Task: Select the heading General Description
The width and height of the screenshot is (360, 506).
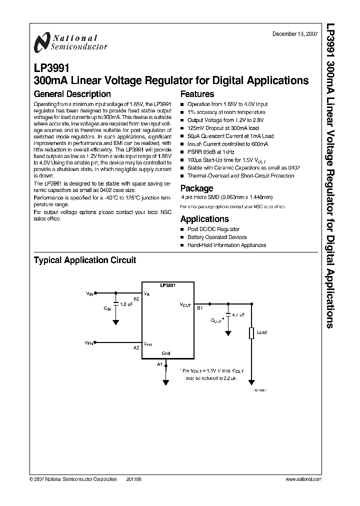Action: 72,94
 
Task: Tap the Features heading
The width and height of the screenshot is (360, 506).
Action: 197,94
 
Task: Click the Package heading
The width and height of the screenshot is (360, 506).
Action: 196,188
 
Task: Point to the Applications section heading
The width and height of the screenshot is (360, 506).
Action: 204,219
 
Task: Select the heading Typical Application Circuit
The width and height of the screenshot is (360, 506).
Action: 84,260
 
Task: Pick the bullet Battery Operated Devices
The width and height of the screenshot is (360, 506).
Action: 217,237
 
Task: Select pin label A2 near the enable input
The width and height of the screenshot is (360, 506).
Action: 136,347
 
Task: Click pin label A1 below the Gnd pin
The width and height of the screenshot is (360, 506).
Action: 160,364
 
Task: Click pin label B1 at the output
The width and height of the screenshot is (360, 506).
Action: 199,308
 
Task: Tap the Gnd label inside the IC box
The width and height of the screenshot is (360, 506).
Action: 166,353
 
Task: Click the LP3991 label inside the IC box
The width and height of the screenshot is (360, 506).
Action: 167,285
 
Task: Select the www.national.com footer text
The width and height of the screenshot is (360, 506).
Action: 303,479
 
